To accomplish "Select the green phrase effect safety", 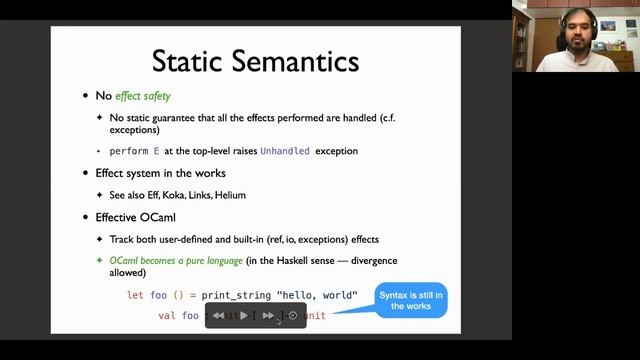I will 143,96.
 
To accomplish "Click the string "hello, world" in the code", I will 310,296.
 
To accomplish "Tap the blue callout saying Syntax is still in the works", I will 411,299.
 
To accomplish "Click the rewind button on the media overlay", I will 219,316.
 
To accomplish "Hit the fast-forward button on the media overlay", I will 268,316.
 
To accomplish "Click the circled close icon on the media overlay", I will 293,316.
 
